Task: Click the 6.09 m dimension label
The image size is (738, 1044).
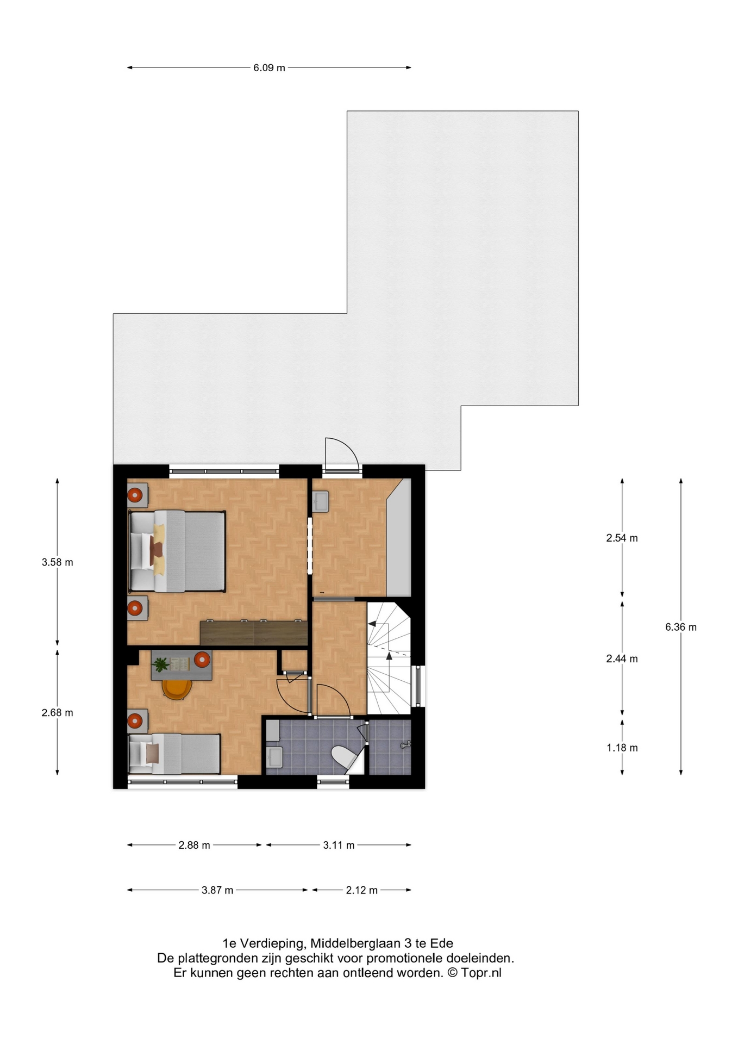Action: point(269,68)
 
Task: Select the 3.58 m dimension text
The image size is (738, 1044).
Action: point(57,562)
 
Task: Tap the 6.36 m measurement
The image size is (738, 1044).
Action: point(681,627)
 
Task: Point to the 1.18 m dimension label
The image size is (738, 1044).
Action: point(622,748)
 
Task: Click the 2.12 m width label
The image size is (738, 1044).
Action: point(362,890)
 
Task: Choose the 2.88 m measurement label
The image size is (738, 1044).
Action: point(194,845)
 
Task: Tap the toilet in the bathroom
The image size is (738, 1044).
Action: point(344,758)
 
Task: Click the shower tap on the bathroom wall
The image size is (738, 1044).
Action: point(405,744)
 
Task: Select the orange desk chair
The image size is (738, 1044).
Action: point(177,689)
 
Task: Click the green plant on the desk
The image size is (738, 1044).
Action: point(160,664)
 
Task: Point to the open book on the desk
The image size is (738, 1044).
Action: point(180,664)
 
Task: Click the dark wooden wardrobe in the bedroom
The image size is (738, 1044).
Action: point(254,633)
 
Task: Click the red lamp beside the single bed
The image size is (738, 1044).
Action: point(135,721)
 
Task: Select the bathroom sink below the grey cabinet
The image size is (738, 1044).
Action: point(274,756)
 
